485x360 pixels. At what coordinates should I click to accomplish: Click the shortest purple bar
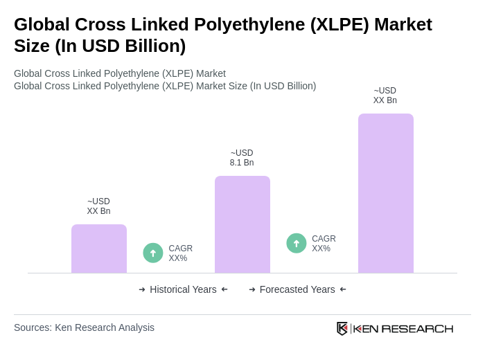tap(99, 249)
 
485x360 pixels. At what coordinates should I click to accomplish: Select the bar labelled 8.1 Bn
tap(242, 224)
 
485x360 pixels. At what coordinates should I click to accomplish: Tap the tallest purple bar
tap(386, 193)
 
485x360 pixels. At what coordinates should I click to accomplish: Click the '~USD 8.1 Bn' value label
tap(242, 158)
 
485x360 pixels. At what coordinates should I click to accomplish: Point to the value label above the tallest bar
tap(385, 96)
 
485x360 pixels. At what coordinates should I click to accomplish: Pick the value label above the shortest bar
tap(98, 206)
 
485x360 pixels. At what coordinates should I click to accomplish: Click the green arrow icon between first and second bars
tap(153, 253)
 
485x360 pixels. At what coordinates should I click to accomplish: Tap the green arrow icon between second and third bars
tap(297, 243)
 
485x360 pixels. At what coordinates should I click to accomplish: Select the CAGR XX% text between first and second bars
tap(180, 253)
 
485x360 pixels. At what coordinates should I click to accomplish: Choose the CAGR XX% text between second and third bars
tap(324, 244)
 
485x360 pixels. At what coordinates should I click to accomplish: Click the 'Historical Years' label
tap(183, 289)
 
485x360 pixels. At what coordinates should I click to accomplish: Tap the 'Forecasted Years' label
tap(297, 289)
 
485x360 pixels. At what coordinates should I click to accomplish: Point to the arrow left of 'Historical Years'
tap(142, 289)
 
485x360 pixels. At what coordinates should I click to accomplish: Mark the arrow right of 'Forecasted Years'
tap(343, 289)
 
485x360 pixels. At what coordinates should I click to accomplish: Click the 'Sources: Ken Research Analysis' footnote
tap(84, 327)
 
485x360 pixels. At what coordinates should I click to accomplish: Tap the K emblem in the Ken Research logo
tap(342, 328)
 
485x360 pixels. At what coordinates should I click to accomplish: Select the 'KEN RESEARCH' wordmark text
tap(403, 328)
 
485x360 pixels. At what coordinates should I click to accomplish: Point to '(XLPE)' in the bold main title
tap(339, 24)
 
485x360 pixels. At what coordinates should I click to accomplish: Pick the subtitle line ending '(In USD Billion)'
tap(165, 86)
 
